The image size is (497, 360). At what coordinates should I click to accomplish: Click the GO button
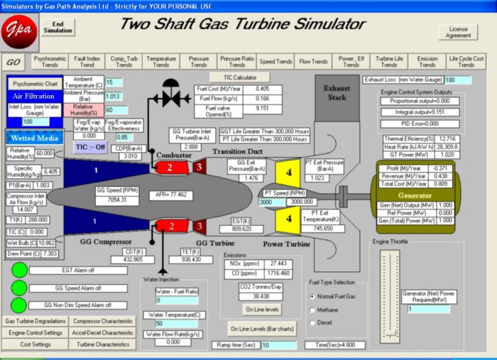point(13,62)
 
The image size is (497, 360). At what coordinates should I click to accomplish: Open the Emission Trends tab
point(427,62)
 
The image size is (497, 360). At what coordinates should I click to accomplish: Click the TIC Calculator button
point(241,77)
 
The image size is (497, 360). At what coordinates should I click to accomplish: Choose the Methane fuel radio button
point(313,310)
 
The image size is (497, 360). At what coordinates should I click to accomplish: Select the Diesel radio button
point(313,323)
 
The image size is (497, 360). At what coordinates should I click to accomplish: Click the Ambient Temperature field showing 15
point(114,82)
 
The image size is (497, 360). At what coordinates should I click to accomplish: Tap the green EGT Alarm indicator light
point(20,271)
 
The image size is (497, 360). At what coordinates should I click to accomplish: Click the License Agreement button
point(458,32)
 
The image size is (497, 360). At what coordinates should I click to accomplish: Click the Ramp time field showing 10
point(278,345)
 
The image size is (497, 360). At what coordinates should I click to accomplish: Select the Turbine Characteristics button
point(104,344)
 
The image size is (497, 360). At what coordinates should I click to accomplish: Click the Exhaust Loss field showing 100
point(459,80)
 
